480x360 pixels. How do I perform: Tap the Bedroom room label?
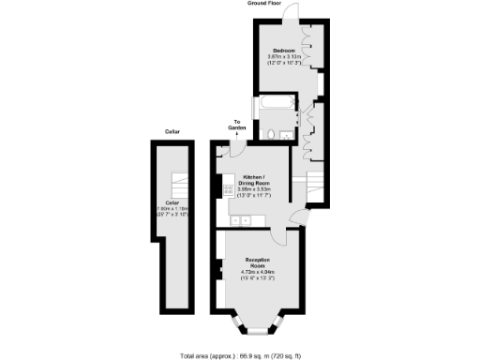point(284,50)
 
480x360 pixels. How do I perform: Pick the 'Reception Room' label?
point(258,262)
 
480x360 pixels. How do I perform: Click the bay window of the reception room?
point(258,329)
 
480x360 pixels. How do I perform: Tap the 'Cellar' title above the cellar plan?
point(172,132)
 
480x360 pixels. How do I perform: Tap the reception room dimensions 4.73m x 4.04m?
point(258,276)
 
